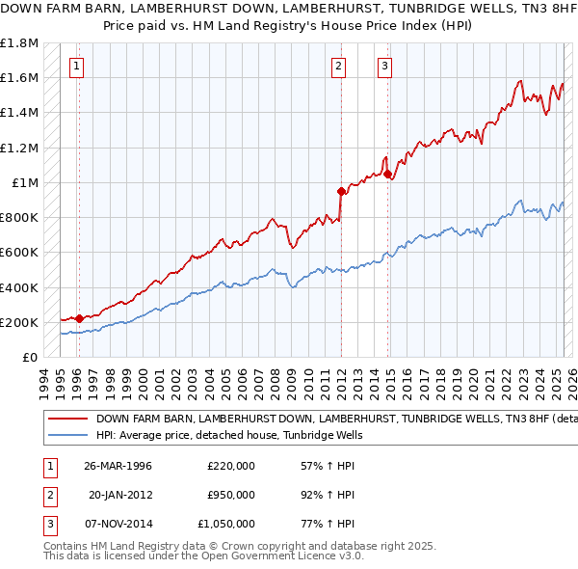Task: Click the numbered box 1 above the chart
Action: click(x=76, y=67)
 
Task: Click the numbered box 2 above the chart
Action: click(x=339, y=67)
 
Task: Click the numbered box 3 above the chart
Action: click(x=384, y=67)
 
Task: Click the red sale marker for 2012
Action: click(x=341, y=191)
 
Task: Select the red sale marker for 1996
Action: click(x=79, y=317)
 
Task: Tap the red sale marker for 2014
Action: click(x=388, y=175)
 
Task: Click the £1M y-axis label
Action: click(x=24, y=183)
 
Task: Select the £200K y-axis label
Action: click(x=19, y=322)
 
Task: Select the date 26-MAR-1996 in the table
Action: click(x=118, y=466)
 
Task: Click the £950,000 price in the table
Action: click(x=231, y=495)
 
